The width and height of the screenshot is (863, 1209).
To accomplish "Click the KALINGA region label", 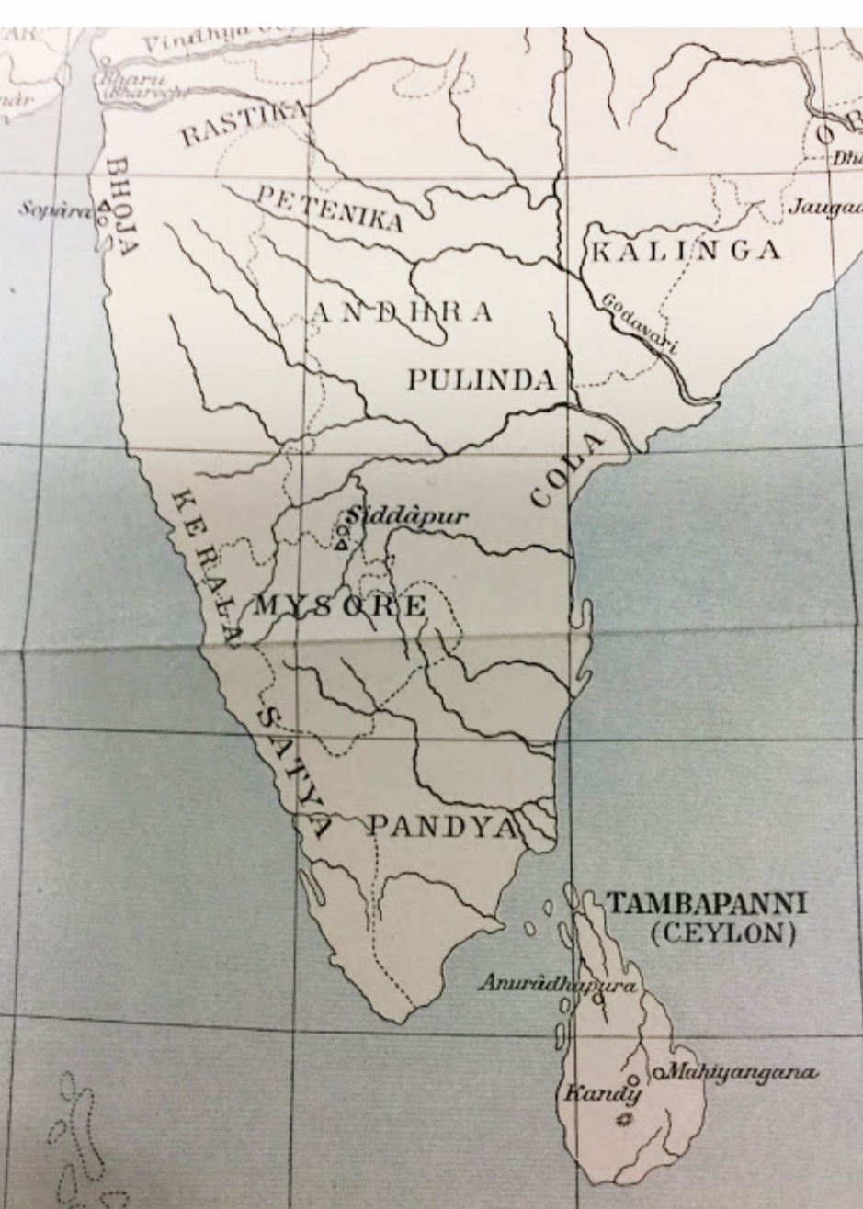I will [x=685, y=250].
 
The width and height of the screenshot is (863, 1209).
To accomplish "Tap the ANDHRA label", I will [x=402, y=312].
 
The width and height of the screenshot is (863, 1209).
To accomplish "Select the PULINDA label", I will [x=482, y=380].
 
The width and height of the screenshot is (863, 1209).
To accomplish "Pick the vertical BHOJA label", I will [x=121, y=206].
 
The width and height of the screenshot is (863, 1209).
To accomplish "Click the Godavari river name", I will [x=640, y=323].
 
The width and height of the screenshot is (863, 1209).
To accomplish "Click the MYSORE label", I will [x=340, y=606].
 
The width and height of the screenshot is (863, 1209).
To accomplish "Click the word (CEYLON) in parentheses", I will [x=722, y=934].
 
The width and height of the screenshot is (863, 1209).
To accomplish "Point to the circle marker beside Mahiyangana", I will [x=659, y=1073].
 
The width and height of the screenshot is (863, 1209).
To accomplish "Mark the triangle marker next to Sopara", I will [x=104, y=208].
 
